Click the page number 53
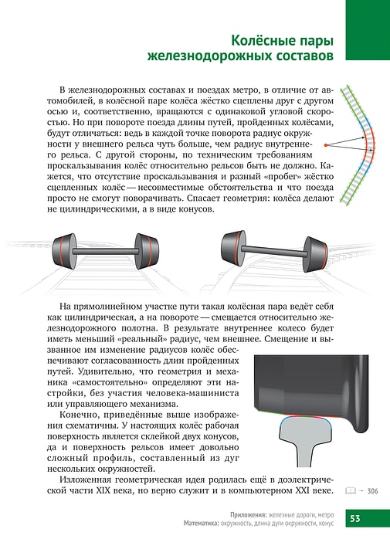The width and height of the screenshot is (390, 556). pyautogui.click(x=355, y=518)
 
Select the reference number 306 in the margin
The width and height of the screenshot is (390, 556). pyautogui.click(x=373, y=491)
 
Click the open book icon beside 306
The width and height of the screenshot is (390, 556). pyautogui.click(x=351, y=491)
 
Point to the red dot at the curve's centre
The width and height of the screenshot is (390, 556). pyautogui.click(x=325, y=145)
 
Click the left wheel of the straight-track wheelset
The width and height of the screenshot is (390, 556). pyautogui.click(x=65, y=251)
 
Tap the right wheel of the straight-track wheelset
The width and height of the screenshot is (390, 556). pyautogui.click(x=147, y=251)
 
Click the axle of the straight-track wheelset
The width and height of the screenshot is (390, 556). pyautogui.click(x=105, y=251)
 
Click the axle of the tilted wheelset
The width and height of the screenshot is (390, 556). pyautogui.click(x=274, y=251)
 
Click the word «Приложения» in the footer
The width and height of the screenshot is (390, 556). pyautogui.click(x=248, y=515)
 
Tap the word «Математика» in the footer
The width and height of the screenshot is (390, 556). pyautogui.click(x=201, y=524)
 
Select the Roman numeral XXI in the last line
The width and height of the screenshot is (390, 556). pyautogui.click(x=304, y=491)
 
